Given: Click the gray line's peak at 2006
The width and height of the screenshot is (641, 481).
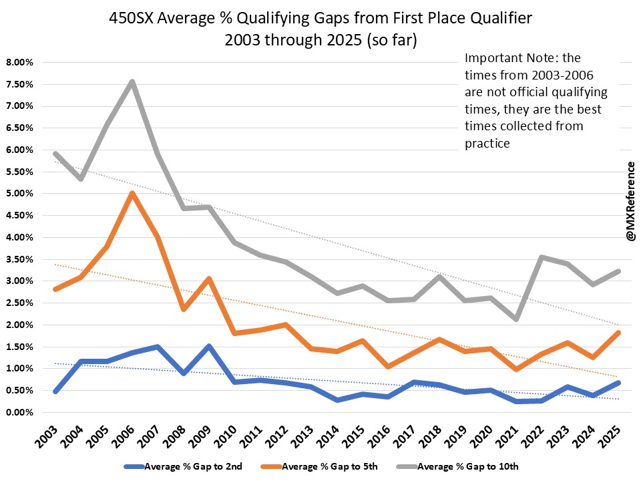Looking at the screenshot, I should (132, 82).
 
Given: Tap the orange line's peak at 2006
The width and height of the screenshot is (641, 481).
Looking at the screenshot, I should (132, 193).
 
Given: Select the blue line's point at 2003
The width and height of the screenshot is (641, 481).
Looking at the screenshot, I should (55, 391).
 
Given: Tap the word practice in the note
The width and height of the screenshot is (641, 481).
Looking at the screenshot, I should (487, 143).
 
